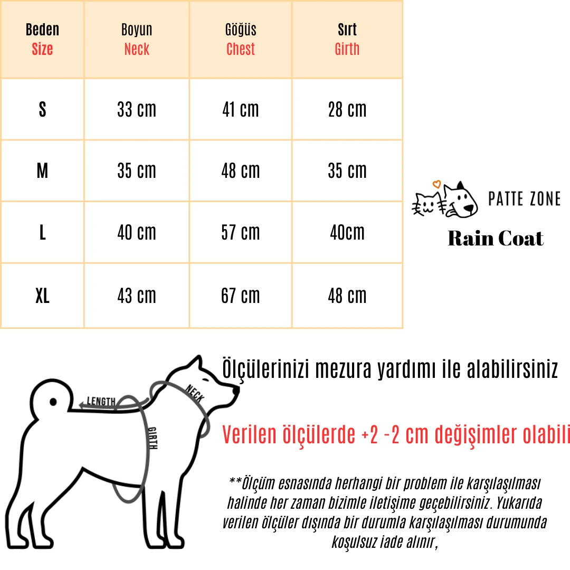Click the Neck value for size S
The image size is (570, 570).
(x=137, y=110)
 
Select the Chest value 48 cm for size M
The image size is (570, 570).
(x=241, y=171)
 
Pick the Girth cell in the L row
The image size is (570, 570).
(x=347, y=233)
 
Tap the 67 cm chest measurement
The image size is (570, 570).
(x=241, y=296)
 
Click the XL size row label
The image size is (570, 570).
(x=42, y=296)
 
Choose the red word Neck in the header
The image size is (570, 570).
(x=137, y=50)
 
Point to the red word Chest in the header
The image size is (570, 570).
(x=241, y=50)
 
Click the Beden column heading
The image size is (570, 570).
(x=42, y=30)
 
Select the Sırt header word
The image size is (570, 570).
(x=347, y=30)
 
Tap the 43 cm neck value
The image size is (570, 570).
(x=137, y=296)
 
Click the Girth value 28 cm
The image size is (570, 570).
(x=347, y=110)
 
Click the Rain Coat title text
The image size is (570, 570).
(x=495, y=239)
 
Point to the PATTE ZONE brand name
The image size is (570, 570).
(x=524, y=199)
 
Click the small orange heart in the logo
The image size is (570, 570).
(x=436, y=185)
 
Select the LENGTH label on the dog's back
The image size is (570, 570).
(x=101, y=402)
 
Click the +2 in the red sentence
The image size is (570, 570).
(x=371, y=435)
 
